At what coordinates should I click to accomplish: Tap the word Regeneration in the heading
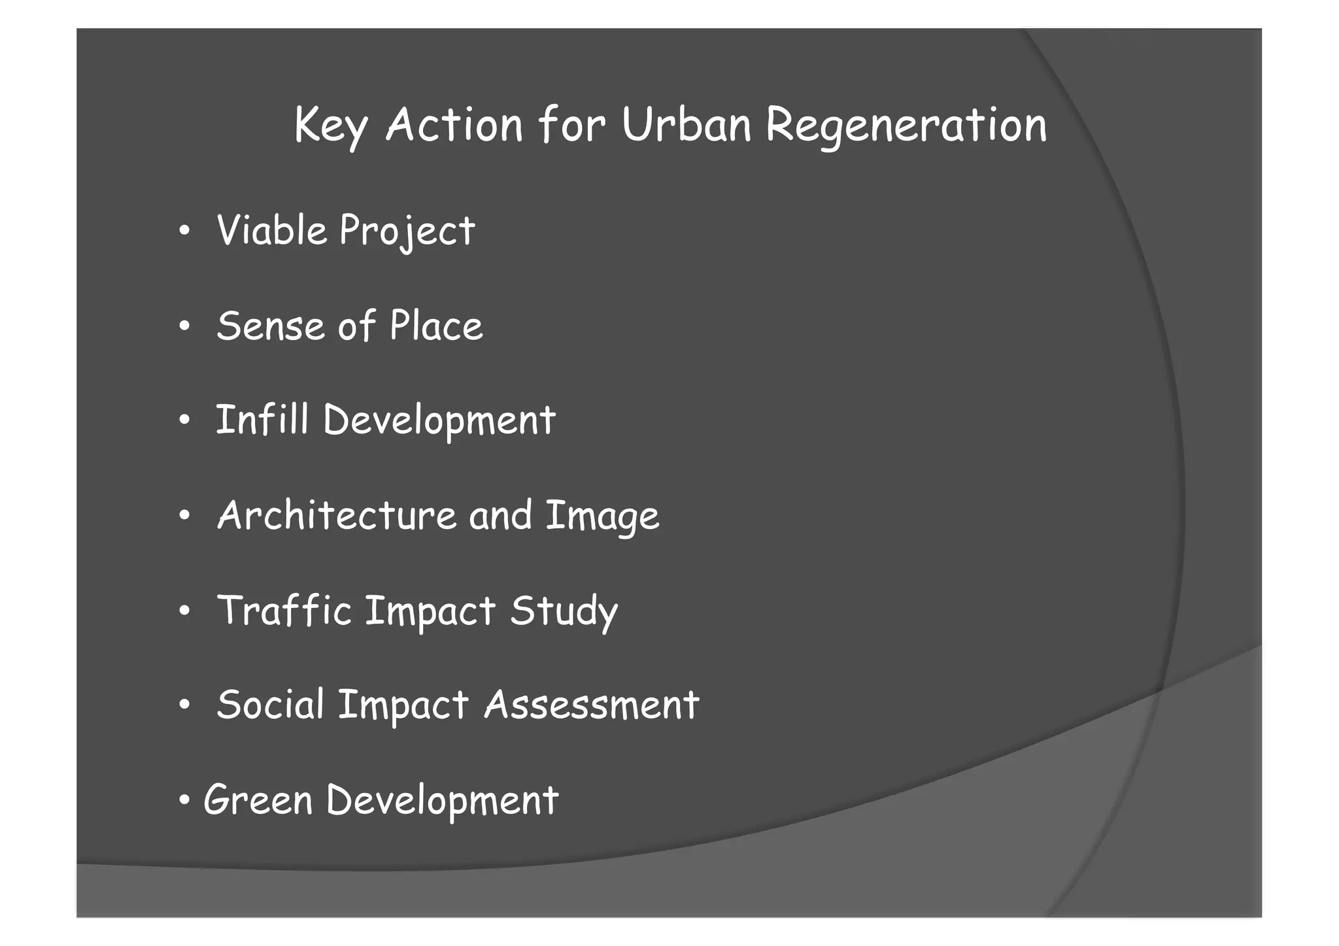(x=906, y=126)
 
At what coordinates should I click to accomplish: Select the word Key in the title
(x=330, y=126)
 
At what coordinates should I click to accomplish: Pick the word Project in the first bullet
(x=407, y=232)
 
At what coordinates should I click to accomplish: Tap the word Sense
(x=270, y=326)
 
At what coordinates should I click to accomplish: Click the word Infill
(x=262, y=420)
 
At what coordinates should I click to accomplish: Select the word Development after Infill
(x=439, y=421)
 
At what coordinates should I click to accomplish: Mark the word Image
(x=602, y=517)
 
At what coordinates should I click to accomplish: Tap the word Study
(x=564, y=612)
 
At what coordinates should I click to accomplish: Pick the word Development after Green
(x=442, y=801)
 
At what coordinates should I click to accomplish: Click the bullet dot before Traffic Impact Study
(x=185, y=611)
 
